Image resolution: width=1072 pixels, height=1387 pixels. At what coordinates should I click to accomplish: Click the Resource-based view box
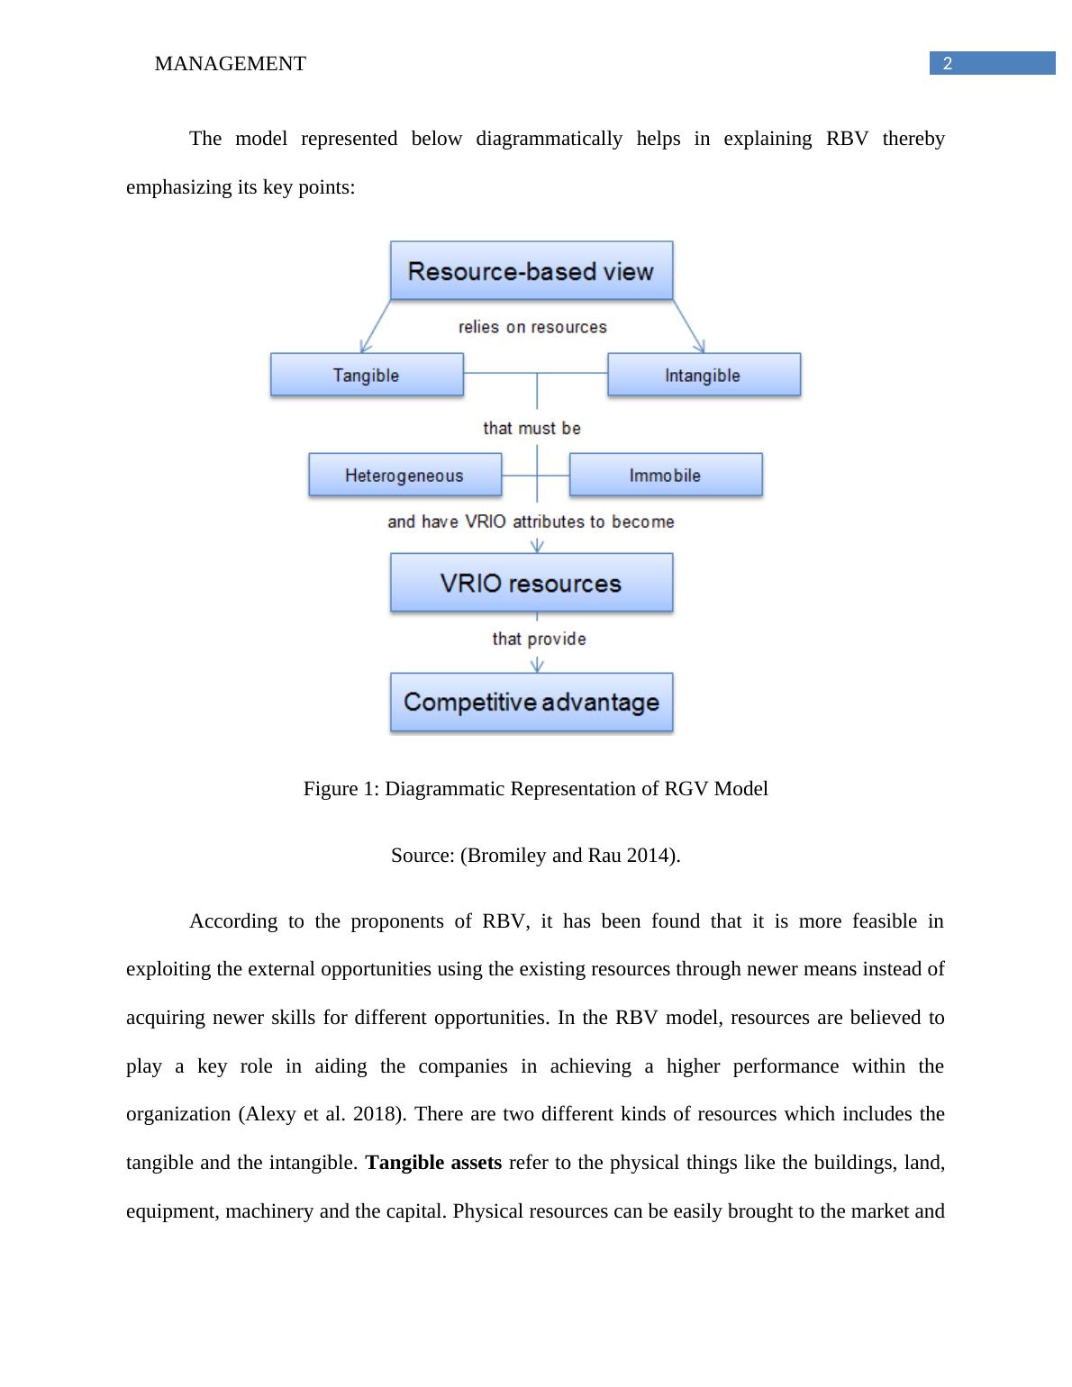click(x=531, y=270)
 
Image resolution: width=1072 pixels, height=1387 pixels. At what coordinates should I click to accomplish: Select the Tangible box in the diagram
click(x=367, y=375)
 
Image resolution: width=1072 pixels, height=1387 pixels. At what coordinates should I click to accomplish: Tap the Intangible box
click(x=704, y=375)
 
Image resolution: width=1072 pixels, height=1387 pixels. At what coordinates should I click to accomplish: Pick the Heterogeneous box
click(x=404, y=475)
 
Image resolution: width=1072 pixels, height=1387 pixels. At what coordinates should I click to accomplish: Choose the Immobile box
click(x=666, y=475)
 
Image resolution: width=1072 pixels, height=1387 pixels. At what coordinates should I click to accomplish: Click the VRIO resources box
click(x=531, y=583)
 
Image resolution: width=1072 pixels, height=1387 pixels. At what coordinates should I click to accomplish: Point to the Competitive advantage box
click(x=531, y=702)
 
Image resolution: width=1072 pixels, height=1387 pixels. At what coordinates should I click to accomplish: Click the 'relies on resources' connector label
click(x=532, y=327)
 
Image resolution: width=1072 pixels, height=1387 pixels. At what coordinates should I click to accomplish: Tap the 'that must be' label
click(x=531, y=428)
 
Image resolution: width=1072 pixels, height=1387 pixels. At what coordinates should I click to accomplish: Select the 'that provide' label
click(x=539, y=639)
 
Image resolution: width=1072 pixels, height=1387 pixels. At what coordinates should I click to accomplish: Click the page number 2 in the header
click(x=948, y=63)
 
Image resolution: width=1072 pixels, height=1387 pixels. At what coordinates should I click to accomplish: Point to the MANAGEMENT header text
click(x=230, y=63)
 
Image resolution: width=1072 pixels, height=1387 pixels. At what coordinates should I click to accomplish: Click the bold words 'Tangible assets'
click(x=433, y=1162)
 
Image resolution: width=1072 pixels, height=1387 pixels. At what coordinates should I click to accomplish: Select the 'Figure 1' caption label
click(x=341, y=788)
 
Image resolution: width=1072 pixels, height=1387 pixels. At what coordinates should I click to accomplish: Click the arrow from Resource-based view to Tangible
click(x=376, y=326)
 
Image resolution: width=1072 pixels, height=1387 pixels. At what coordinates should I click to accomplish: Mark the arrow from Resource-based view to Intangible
click(x=688, y=326)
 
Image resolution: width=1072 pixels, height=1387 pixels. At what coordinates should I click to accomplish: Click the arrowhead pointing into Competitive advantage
click(x=538, y=666)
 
